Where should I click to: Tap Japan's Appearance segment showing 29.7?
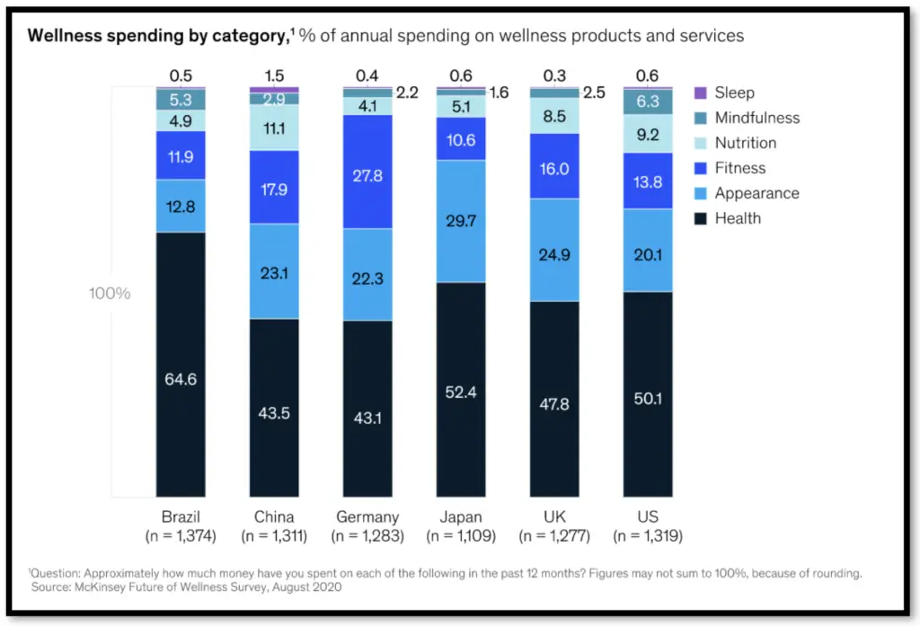tap(461, 221)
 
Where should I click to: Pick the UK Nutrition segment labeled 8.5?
tap(554, 116)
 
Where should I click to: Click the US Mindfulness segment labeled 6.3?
tap(648, 101)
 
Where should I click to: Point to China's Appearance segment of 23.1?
tap(274, 271)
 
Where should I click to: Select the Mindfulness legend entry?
tap(756, 118)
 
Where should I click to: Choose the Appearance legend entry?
tap(756, 193)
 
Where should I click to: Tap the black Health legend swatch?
tap(701, 218)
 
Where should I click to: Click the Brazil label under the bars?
tap(181, 517)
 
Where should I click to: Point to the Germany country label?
tap(367, 517)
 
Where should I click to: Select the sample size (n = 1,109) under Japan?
tap(461, 536)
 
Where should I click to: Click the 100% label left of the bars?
tap(110, 294)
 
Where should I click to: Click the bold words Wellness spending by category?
tap(157, 36)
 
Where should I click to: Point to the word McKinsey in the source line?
tap(105, 586)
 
